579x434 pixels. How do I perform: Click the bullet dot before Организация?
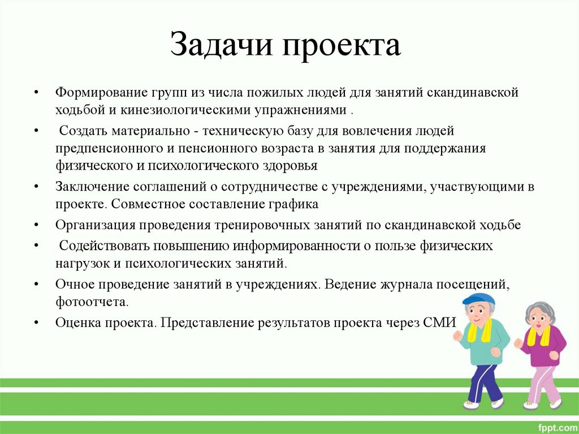coord(36,225)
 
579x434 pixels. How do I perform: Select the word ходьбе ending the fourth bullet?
coord(499,225)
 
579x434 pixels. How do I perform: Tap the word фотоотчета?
coord(92,301)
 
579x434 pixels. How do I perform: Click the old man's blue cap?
coord(478,299)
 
